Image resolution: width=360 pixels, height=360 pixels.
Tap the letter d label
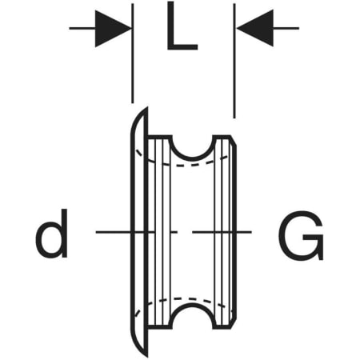[52, 234]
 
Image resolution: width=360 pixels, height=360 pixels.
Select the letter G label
[301, 235]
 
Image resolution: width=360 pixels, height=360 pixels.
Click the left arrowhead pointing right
[113, 29]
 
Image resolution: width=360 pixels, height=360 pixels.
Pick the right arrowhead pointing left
[255, 28]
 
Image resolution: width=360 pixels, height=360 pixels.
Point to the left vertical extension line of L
[133, 54]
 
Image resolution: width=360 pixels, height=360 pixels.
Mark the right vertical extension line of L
[234, 61]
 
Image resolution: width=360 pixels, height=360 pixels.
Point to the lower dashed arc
[186, 298]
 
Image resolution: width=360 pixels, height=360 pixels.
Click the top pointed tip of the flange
[147, 108]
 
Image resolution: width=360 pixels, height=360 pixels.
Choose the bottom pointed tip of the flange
[147, 356]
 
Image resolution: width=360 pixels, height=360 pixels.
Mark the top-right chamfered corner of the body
[233, 141]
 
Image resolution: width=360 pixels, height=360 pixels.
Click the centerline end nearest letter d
[97, 232]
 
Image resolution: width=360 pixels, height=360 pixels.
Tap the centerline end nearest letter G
[251, 232]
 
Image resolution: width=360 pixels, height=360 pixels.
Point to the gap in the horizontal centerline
[185, 232]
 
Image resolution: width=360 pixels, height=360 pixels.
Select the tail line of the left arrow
[82, 28]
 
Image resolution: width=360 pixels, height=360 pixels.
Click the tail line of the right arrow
[286, 28]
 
